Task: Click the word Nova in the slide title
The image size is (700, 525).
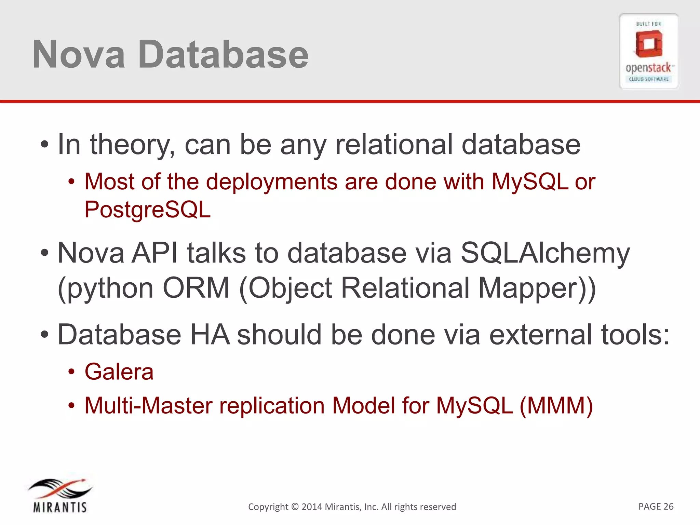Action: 79,55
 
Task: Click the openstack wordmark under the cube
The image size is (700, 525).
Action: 648,68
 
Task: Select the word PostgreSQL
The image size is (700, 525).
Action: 147,210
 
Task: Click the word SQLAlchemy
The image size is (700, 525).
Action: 545,253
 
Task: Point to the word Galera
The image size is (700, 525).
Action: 119,372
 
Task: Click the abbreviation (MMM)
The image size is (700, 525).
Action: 556,406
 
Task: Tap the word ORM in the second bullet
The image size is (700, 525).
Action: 196,288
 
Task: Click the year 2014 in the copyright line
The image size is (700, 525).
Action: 312,507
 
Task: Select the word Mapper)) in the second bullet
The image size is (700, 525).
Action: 537,288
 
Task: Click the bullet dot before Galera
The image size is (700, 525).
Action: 71,372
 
